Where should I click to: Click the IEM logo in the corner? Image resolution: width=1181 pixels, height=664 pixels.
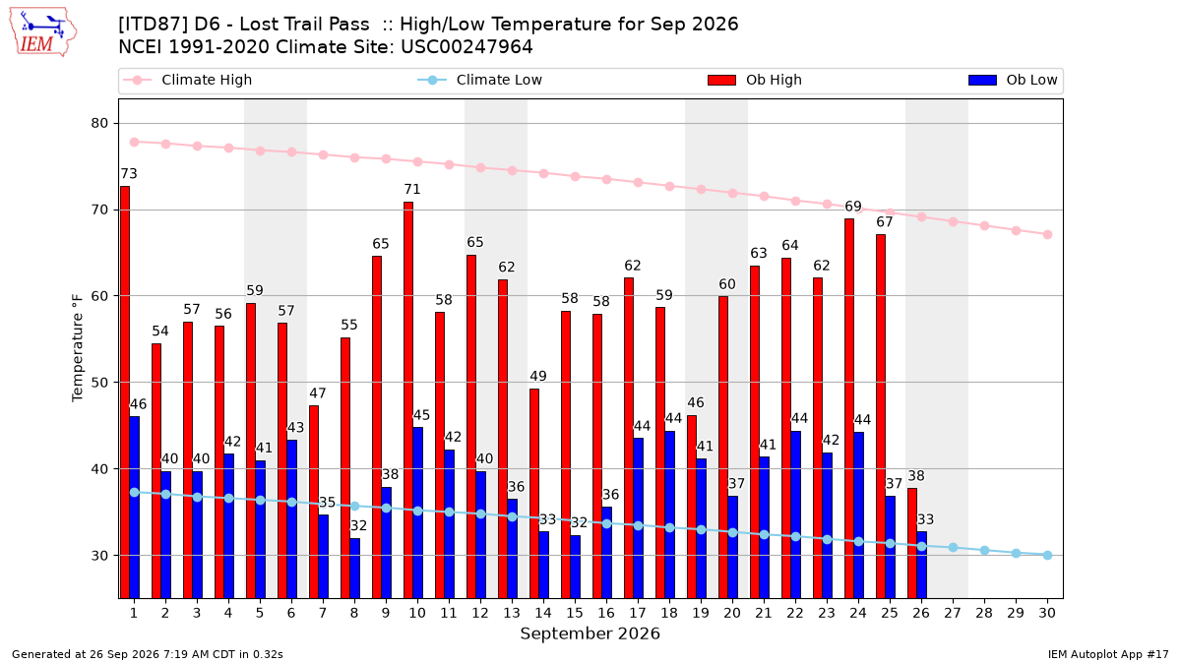click(x=43, y=32)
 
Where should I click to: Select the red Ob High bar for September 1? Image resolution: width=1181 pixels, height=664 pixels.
click(x=125, y=392)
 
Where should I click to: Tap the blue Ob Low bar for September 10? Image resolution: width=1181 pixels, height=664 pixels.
click(x=417, y=513)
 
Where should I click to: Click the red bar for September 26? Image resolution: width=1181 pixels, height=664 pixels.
click(x=912, y=543)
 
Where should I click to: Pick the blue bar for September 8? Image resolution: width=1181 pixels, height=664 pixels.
click(x=355, y=569)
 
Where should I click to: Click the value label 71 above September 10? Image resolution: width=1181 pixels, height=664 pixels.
click(x=411, y=189)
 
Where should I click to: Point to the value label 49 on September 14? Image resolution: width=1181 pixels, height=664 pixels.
click(x=537, y=376)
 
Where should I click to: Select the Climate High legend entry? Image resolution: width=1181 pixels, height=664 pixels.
click(x=188, y=80)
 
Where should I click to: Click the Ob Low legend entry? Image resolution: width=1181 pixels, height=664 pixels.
click(x=1013, y=80)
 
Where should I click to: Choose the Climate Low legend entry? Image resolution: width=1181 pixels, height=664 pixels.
click(x=480, y=80)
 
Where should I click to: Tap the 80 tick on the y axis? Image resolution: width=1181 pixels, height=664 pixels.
click(x=99, y=123)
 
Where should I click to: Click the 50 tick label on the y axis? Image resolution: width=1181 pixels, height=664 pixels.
click(x=99, y=383)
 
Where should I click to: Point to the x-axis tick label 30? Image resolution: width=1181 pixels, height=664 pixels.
click(x=1047, y=613)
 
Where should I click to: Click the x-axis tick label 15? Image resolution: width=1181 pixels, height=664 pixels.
click(x=575, y=613)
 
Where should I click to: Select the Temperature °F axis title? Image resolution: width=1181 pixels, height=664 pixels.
click(x=78, y=348)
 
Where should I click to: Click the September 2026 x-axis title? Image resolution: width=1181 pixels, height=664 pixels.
click(x=590, y=634)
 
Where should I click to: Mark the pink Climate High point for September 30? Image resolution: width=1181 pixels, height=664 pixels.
click(x=1047, y=234)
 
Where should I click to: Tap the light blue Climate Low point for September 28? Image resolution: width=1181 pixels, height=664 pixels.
click(x=984, y=550)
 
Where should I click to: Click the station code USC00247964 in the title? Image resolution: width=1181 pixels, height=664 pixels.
click(x=466, y=47)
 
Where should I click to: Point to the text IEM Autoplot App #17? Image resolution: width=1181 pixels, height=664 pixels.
click(x=1108, y=654)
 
